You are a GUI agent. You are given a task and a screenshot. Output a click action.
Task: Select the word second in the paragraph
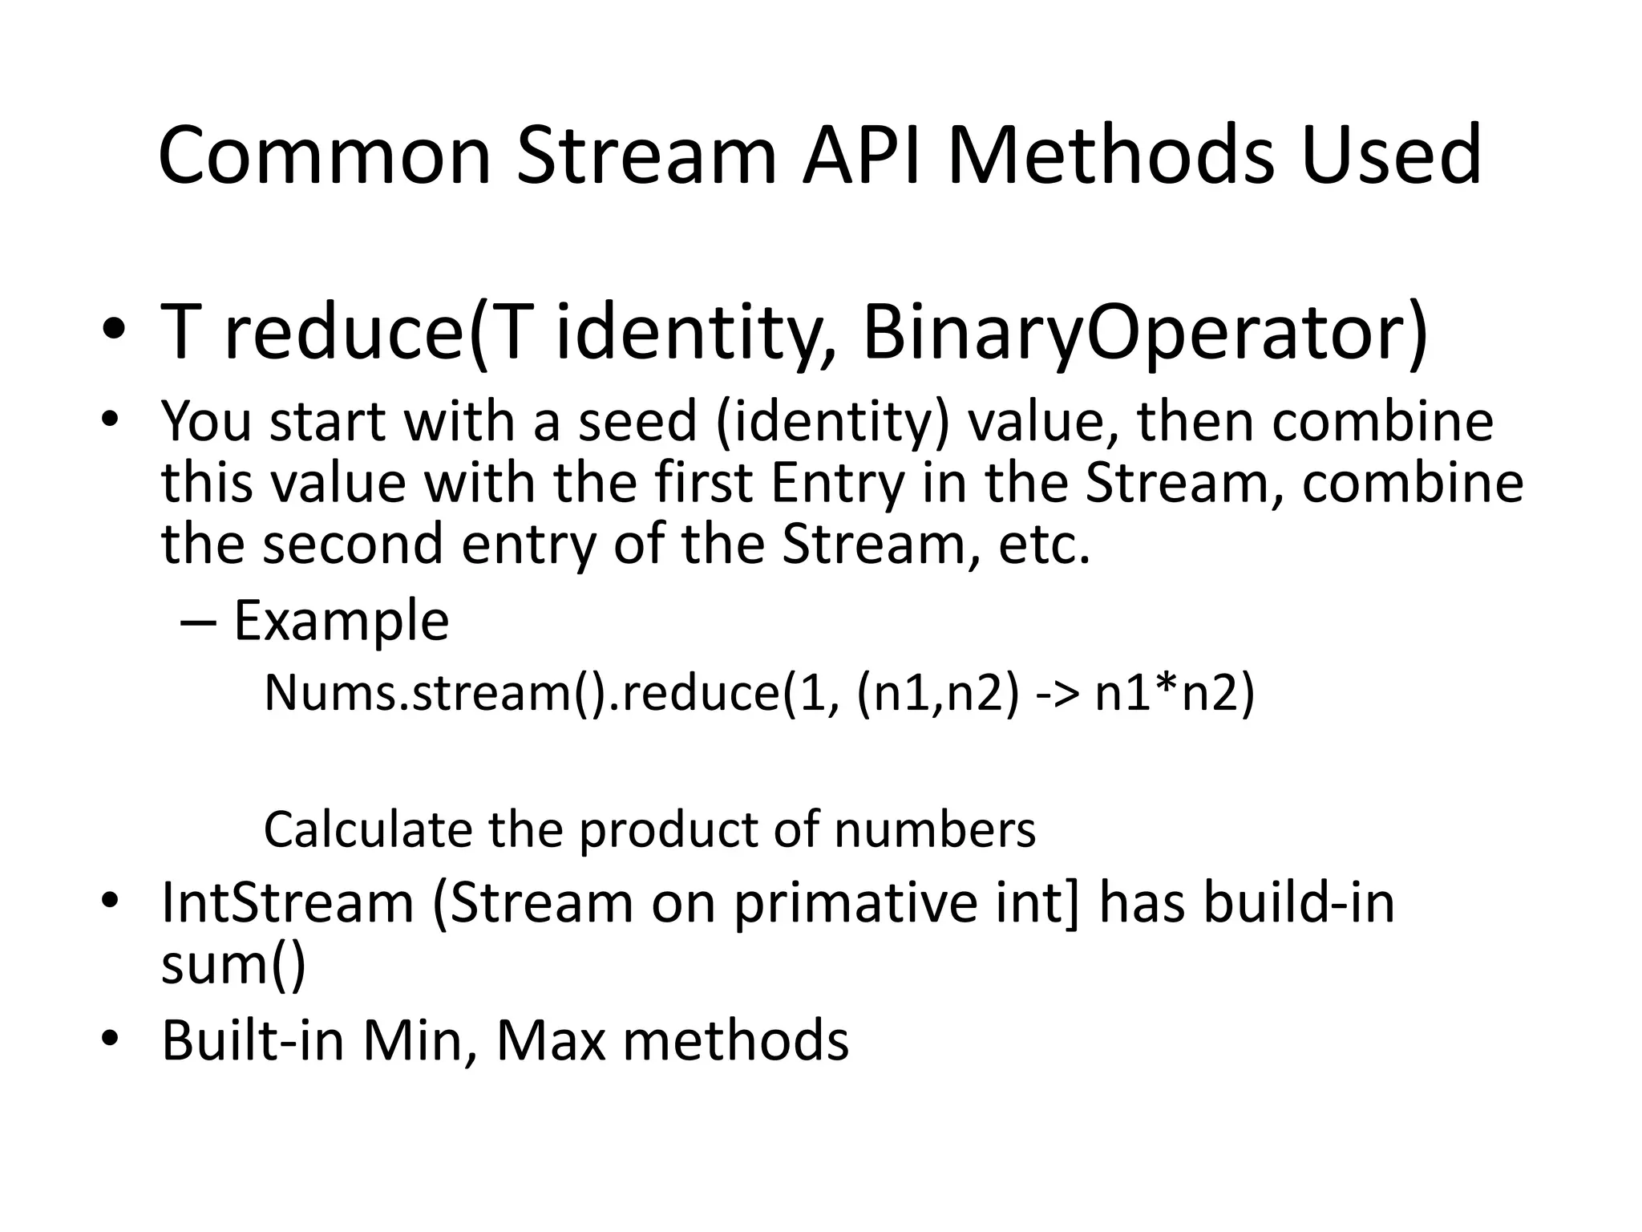click(x=353, y=545)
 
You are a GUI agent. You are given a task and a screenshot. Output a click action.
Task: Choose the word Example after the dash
click(x=341, y=622)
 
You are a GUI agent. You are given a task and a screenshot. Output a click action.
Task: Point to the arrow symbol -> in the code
click(x=1056, y=693)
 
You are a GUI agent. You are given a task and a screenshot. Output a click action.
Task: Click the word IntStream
click(x=287, y=903)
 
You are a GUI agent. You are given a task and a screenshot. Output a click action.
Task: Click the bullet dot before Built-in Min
click(x=111, y=1040)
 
